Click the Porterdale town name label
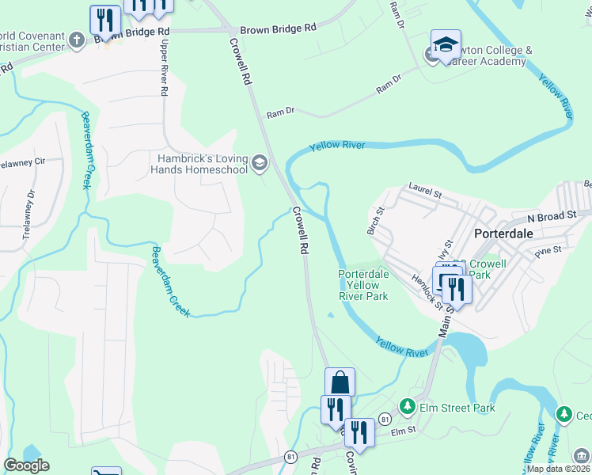click(x=509, y=234)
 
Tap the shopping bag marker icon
click(x=340, y=382)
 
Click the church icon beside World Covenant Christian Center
click(x=77, y=40)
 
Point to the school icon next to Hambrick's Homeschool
click(x=259, y=164)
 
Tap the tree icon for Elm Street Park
click(x=408, y=407)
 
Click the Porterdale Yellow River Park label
click(x=363, y=285)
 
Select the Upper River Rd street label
click(x=165, y=68)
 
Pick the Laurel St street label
click(x=424, y=188)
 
